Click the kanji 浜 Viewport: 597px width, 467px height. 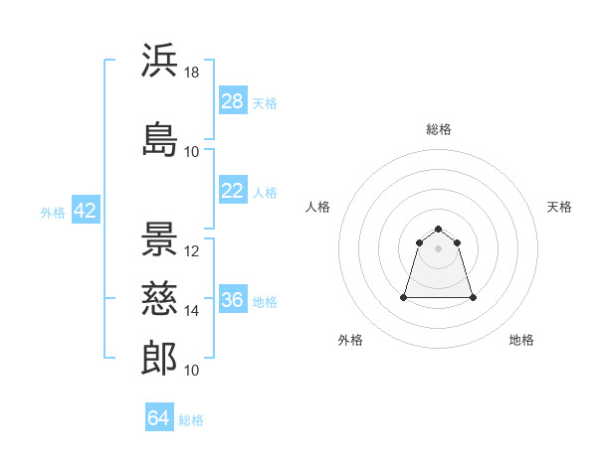pos(159,60)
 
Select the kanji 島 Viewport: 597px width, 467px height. pos(159,139)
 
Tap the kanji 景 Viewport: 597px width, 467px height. pos(159,238)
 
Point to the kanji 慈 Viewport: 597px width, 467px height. pos(159,298)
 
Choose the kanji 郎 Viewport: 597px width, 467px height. pos(159,358)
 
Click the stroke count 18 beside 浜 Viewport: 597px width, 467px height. pos(191,73)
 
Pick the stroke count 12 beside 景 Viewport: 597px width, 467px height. pos(191,251)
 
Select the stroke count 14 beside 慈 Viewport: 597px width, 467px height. pos(191,311)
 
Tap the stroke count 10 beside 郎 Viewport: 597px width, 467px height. pos(191,371)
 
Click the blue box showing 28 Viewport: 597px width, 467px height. pos(233,100)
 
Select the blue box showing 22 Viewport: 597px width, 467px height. pos(233,190)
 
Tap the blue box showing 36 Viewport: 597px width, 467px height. pos(233,298)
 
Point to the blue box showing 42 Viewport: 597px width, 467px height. pos(86,210)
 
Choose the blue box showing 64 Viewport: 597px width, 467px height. pos(159,416)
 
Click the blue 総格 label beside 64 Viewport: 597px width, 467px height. pos(191,420)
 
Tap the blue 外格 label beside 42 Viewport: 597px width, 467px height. pos(53,213)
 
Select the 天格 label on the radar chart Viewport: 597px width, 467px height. pos(559,207)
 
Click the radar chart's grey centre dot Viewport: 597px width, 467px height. pos(438,248)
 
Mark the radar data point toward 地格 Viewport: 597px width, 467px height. pos(473,297)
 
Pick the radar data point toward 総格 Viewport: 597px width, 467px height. pos(438,229)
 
